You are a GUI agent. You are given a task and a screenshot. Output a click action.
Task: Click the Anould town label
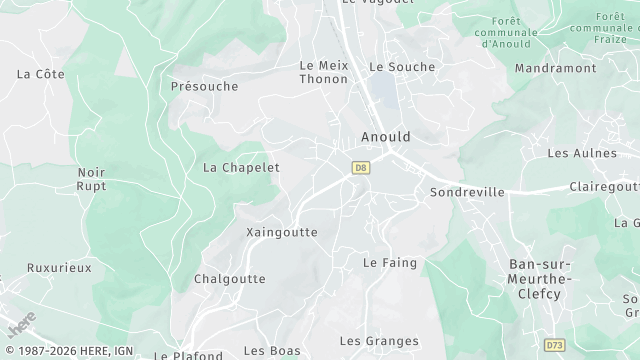coord(385,137)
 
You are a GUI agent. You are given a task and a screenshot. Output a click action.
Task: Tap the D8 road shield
coord(361,168)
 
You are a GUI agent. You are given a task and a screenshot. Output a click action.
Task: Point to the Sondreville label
coord(466,191)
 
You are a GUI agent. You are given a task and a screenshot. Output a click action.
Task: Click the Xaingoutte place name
coord(282,232)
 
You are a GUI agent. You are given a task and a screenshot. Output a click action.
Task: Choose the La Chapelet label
coord(241,167)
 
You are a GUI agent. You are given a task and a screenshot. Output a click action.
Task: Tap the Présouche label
coord(204,86)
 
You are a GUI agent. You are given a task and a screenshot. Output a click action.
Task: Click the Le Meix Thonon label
coord(323,72)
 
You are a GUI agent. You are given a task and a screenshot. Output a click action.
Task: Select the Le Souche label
coord(402,67)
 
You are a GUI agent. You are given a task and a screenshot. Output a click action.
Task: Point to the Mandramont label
coord(555,68)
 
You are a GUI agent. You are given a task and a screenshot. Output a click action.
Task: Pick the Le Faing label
coord(389,263)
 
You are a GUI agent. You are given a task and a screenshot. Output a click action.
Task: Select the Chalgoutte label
coord(229,279)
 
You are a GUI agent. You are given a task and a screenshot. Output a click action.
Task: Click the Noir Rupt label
coord(91,179)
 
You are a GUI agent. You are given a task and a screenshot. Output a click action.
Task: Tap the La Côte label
coord(40,74)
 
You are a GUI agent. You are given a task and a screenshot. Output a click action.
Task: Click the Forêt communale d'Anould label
coord(509,32)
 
